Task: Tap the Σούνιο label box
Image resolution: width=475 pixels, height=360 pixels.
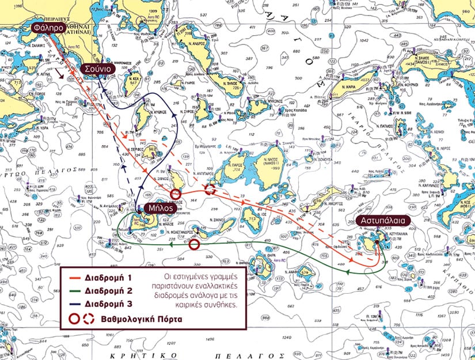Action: coord(100,68)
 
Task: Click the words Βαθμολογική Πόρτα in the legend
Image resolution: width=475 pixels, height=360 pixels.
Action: coord(134,317)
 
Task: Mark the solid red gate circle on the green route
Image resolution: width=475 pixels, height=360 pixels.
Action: coord(195,245)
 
